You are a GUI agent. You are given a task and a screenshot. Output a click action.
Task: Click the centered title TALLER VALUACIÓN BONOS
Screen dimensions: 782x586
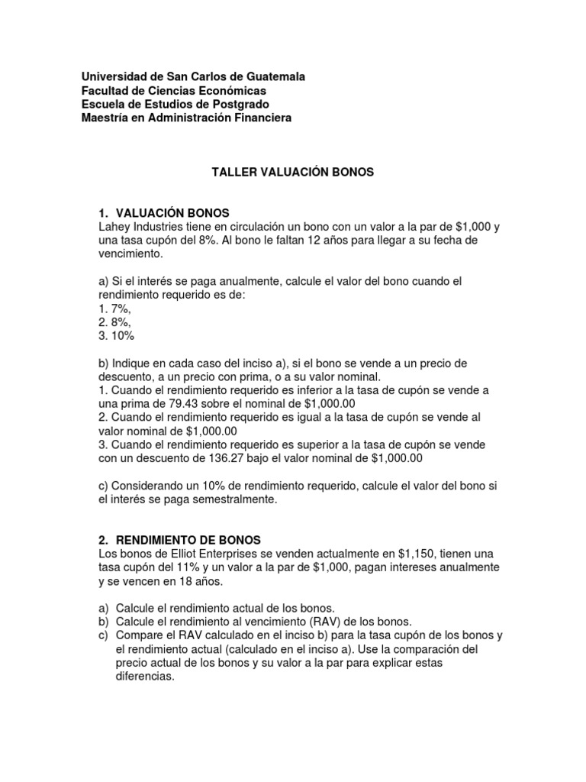292,173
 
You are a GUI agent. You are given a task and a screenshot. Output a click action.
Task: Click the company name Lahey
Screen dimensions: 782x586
114,227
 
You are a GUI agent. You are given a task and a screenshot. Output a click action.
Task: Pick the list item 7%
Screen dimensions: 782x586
115,309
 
